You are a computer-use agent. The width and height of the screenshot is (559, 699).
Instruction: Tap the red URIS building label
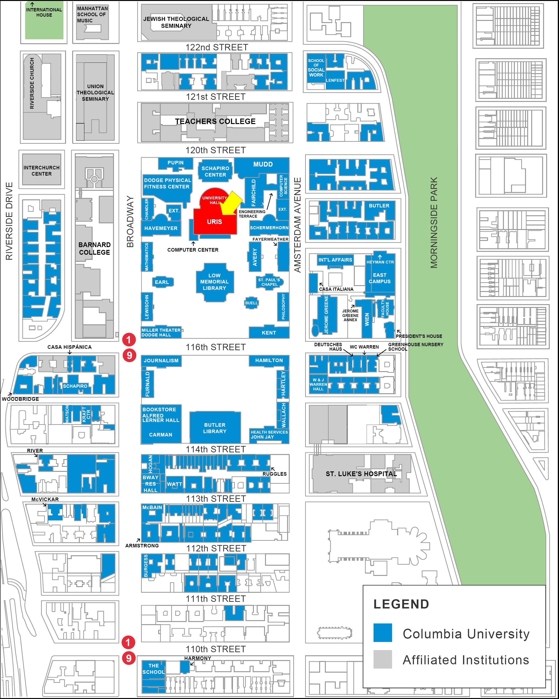tap(214, 222)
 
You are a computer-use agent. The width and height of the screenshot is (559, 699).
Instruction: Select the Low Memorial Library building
tap(214, 282)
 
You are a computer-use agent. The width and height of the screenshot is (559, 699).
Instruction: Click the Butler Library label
tap(214, 428)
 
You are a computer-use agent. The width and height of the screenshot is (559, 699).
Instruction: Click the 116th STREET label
tap(215, 347)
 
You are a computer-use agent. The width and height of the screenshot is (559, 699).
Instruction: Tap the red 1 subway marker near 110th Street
tap(128, 642)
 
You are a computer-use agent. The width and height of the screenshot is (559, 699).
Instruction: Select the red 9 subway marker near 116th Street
tap(129, 355)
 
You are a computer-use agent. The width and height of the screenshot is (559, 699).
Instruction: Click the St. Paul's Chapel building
tap(269, 282)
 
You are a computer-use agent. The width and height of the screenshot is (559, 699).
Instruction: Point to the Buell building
tap(251, 303)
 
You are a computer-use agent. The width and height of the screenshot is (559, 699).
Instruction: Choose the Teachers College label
tap(215, 121)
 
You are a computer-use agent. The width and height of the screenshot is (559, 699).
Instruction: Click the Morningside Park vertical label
tap(434, 222)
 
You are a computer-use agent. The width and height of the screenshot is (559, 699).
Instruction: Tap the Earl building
tap(162, 282)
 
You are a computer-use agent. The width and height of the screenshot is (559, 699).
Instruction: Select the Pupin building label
tap(175, 163)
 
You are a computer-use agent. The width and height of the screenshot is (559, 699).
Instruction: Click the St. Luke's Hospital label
tap(361, 474)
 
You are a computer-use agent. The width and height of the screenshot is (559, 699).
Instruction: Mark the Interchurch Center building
tap(42, 171)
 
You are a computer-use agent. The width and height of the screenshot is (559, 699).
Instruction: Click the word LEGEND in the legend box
tap(401, 604)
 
